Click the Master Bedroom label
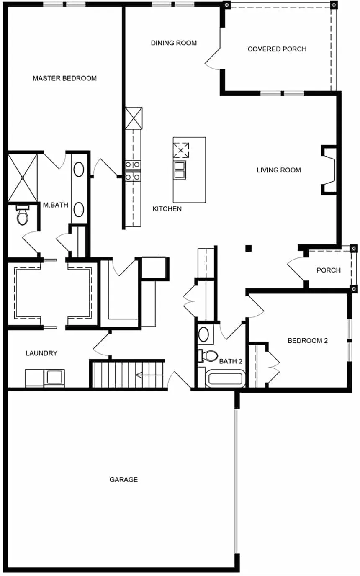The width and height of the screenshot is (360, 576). click(65, 78)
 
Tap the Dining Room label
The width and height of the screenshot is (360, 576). click(174, 43)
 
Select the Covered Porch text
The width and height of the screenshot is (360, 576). click(277, 49)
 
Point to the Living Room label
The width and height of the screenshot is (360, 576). click(279, 170)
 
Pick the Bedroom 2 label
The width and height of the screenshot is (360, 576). click(308, 341)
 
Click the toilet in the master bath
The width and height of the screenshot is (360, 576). click(22, 215)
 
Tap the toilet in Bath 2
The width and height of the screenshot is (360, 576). click(208, 356)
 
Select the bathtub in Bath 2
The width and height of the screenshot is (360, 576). click(225, 379)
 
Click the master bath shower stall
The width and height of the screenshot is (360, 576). click(23, 177)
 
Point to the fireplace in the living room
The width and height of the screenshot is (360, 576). click(329, 170)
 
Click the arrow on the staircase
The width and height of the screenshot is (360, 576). click(149, 376)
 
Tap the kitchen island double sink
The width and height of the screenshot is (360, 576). click(180, 170)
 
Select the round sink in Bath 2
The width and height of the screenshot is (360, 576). click(204, 334)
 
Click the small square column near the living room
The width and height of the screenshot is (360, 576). click(248, 248)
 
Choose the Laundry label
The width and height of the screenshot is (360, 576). click(41, 353)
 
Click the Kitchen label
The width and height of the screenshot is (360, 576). click(167, 209)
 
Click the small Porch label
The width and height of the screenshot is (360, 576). click(328, 270)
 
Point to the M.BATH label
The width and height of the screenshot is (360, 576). click(56, 205)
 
